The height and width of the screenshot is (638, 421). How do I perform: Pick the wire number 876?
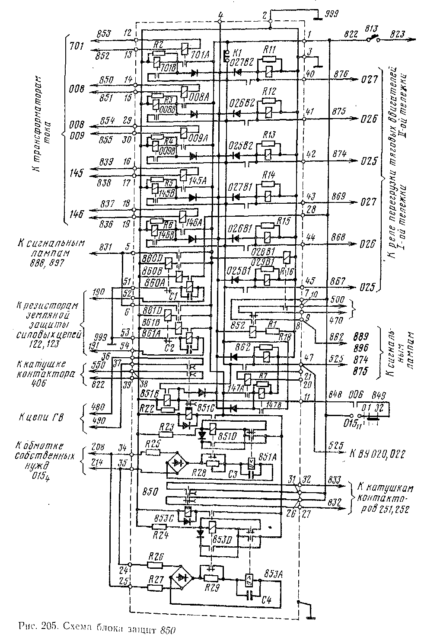click(339, 74)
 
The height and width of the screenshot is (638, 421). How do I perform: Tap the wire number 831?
click(106, 247)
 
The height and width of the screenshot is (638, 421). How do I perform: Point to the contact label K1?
click(237, 53)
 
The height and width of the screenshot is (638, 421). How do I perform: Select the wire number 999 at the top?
click(332, 14)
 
